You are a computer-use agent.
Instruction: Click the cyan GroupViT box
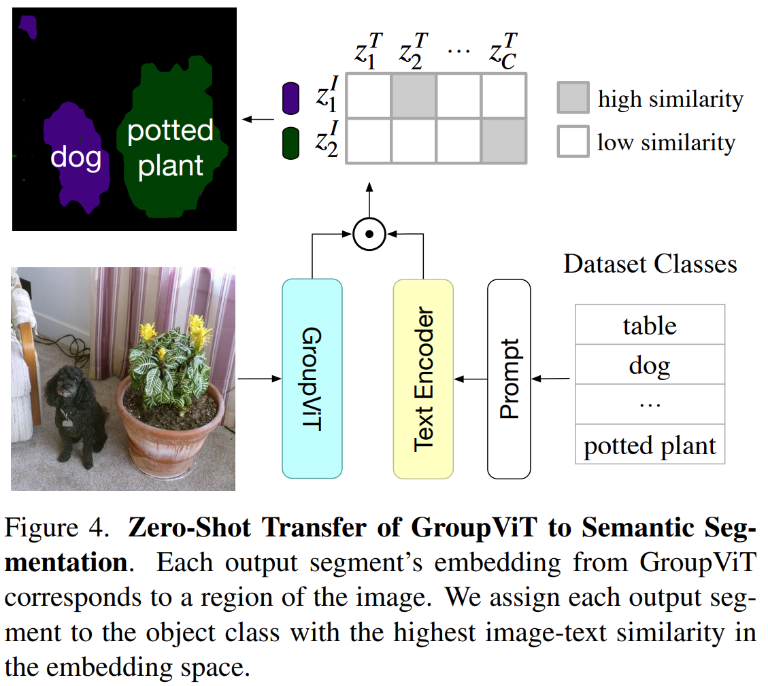(312, 378)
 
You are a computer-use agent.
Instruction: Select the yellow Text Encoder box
(423, 378)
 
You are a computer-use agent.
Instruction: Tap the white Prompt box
(508, 378)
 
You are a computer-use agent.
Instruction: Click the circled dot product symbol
(369, 235)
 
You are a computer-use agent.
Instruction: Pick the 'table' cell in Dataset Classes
(650, 325)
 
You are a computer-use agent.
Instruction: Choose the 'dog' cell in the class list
(650, 365)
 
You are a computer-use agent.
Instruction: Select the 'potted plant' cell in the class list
(650, 445)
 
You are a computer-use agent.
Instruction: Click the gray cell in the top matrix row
(414, 96)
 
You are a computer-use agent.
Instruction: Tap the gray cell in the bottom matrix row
(504, 141)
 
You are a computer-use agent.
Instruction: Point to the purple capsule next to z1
(290, 98)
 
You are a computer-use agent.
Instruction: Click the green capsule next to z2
(290, 143)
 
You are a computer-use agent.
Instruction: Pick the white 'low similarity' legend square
(572, 142)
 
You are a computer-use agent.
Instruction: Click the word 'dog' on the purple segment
(76, 158)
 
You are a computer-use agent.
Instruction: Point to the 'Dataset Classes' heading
(650, 263)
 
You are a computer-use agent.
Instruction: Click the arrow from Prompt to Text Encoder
(470, 378)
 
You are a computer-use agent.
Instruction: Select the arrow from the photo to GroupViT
(258, 378)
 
